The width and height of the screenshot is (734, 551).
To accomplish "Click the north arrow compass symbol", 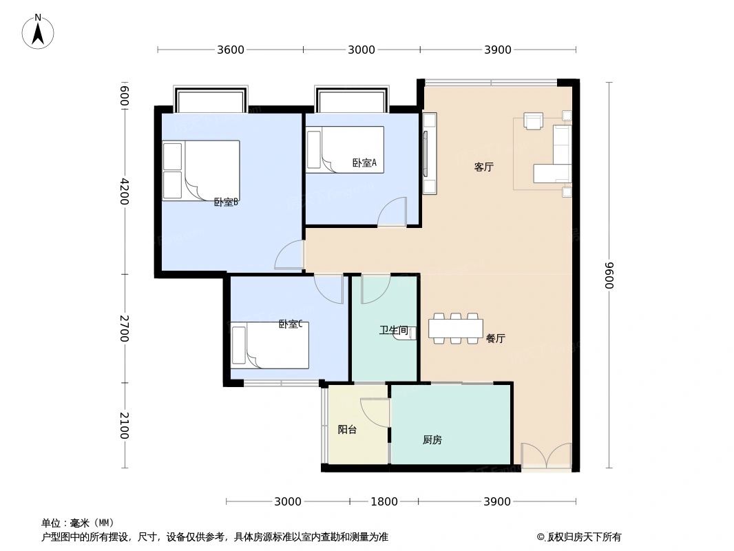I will point(38,32).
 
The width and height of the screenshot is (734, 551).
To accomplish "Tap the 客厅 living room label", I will point(483,167).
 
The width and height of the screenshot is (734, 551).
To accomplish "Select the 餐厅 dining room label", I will point(495,338).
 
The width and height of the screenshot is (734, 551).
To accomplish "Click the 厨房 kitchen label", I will point(432,440).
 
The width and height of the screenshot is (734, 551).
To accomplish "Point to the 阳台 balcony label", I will point(347,429).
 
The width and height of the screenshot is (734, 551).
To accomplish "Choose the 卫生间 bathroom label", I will point(393,331).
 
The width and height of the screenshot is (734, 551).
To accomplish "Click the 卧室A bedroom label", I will point(364,163).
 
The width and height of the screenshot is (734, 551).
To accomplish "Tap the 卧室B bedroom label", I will point(226,202).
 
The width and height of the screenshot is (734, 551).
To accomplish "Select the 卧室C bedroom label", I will point(291,324).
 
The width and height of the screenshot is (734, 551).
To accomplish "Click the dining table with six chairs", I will point(455,328).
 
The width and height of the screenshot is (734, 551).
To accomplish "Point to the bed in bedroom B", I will point(200,170).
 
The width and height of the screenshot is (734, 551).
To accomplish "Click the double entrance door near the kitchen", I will point(546,457).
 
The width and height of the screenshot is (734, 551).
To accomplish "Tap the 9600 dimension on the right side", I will point(609,275).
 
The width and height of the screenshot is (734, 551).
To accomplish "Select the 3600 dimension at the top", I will point(231,50).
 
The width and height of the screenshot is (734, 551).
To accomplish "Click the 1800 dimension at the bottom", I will point(384,501).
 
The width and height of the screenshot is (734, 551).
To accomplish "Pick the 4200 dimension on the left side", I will point(124,191).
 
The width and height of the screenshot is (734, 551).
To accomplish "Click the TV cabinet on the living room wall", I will point(430,153).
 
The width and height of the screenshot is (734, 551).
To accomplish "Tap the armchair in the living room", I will point(534,121).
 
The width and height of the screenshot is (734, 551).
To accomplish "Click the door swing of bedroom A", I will point(393,211).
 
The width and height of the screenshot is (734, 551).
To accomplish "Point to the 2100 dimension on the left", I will point(124,425).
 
